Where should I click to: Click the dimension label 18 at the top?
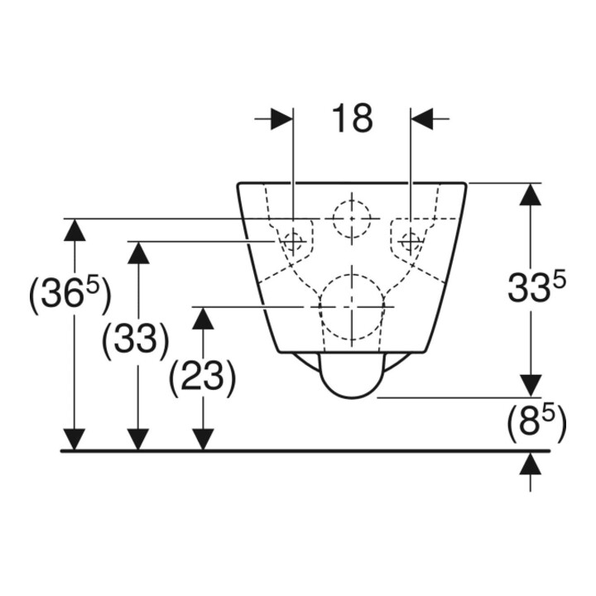pos(352,118)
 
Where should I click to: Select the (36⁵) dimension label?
pos(70,294)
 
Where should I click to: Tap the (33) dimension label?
pos(135,339)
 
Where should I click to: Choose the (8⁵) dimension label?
pos(536,423)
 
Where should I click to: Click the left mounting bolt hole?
pos(293,241)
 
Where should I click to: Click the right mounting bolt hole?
pos(411,241)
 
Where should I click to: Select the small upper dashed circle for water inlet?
pos(352,219)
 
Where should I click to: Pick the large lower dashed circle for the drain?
pos(352,306)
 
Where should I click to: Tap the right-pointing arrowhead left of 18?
pos(281,118)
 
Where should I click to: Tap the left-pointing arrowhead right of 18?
pos(422,118)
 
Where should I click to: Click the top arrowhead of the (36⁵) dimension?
pos(74,230)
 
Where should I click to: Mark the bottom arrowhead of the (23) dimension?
pos(203,440)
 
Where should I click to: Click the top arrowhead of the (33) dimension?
pos(138,252)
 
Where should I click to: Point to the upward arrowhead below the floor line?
pos(531,464)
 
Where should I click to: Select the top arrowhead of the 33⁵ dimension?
pos(531,195)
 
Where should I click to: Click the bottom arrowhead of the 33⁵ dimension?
pos(531,386)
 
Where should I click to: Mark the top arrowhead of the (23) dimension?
pos(203,318)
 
